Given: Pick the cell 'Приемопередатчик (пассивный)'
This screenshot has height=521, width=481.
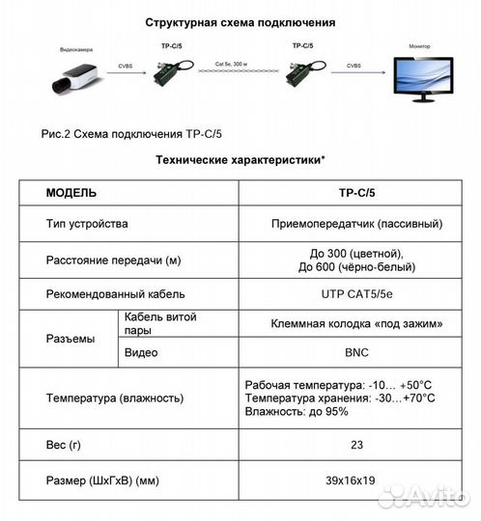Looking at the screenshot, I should tap(356, 224).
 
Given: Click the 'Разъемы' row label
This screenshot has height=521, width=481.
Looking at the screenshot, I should tap(71, 339).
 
